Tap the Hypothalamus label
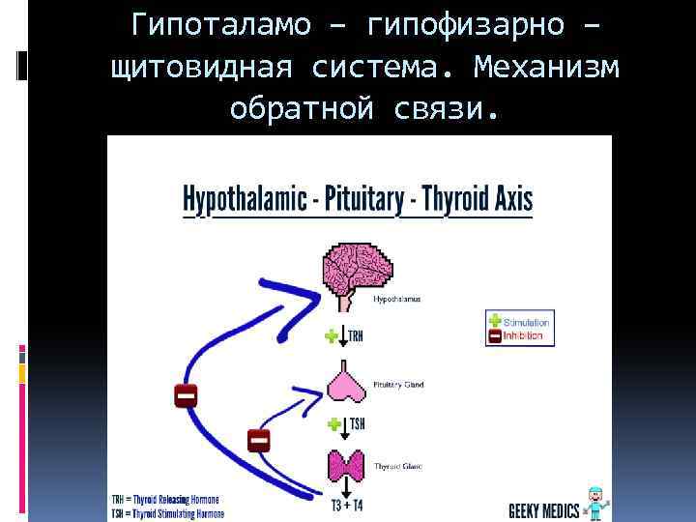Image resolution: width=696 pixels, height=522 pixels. [x=396, y=300]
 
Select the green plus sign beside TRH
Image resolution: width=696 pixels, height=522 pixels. [x=333, y=336]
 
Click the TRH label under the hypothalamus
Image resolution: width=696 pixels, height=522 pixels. [x=356, y=336]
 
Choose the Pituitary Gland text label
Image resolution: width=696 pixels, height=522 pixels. [x=398, y=385]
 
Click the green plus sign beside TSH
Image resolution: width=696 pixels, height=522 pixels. [x=333, y=424]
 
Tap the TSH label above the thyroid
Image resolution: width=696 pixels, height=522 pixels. [x=357, y=424]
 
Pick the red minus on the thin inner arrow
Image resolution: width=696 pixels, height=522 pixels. [x=258, y=441]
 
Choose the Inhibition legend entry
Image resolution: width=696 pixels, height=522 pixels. [x=523, y=336]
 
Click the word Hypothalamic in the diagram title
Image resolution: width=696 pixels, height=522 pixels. [x=241, y=200]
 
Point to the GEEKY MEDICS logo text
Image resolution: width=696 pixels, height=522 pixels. [x=544, y=510]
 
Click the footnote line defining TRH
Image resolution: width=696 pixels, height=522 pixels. [x=165, y=500]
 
